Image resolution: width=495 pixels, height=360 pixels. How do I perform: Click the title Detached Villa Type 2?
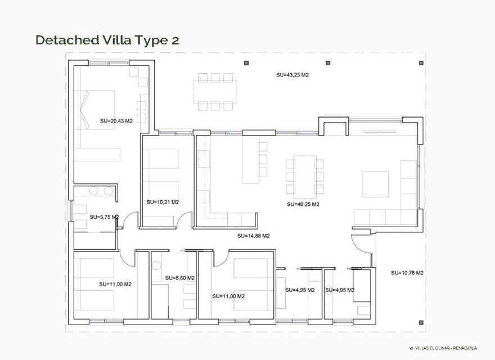coord(107,39)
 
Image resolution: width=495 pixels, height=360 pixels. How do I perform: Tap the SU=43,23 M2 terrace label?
coord(292,75)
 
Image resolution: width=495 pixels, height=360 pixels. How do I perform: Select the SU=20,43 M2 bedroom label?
coord(116,121)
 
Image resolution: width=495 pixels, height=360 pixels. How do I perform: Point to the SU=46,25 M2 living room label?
coord(303,205)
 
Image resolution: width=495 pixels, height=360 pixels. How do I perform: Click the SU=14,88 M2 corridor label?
coord(254,236)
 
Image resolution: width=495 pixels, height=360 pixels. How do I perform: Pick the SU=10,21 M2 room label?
coord(163,202)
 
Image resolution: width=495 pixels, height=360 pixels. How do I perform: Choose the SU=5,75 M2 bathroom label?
coord(104,217)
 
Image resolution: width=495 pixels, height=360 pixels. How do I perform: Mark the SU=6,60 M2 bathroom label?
coord(180,278)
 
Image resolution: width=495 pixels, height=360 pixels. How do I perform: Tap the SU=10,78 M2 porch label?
coord(407,273)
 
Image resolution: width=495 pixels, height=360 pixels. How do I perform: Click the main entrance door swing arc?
coord(360,247)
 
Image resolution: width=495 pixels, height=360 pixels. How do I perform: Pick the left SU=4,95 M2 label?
coord(300,290)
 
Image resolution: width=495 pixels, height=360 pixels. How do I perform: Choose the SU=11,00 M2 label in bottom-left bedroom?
coord(115,284)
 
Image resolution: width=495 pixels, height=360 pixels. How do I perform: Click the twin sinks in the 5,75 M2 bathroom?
coord(101,191)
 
